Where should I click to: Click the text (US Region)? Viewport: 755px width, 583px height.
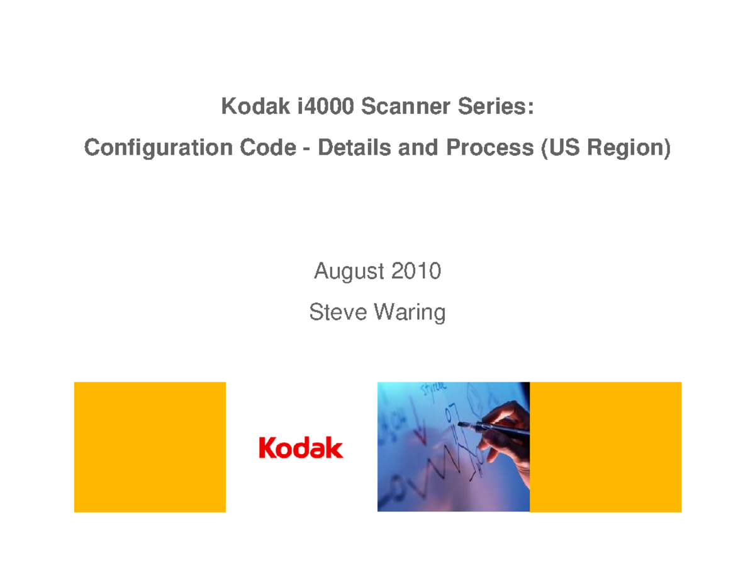click(x=604, y=148)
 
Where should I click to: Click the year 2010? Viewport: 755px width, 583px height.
click(x=415, y=273)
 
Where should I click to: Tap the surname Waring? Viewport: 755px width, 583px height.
click(x=410, y=313)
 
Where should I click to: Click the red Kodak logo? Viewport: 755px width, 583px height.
click(x=301, y=448)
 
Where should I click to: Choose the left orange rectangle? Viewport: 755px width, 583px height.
click(x=150, y=447)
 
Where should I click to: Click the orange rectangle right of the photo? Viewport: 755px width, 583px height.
click(x=605, y=447)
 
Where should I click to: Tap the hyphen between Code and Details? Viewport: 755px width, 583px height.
click(x=307, y=150)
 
